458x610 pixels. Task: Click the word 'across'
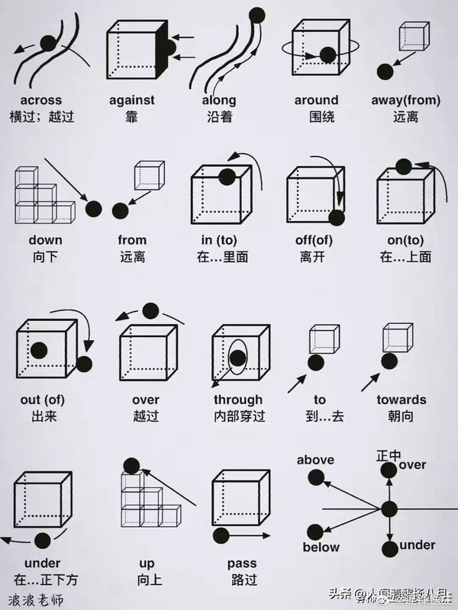[41, 100]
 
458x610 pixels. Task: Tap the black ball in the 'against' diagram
[169, 48]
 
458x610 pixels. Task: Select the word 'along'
[219, 100]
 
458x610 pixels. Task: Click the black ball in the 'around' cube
[327, 55]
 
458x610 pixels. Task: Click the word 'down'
[46, 240]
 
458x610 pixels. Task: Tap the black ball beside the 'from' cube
[120, 210]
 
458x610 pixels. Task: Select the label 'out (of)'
[41, 400]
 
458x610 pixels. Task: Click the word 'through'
[238, 400]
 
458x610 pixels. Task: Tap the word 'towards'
[401, 400]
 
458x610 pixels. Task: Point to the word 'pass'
[242, 563]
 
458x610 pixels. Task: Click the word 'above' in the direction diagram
[315, 460]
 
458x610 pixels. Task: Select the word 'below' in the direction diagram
[321, 547]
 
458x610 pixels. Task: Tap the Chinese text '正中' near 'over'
[388, 455]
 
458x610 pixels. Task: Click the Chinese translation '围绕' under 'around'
[315, 117]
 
